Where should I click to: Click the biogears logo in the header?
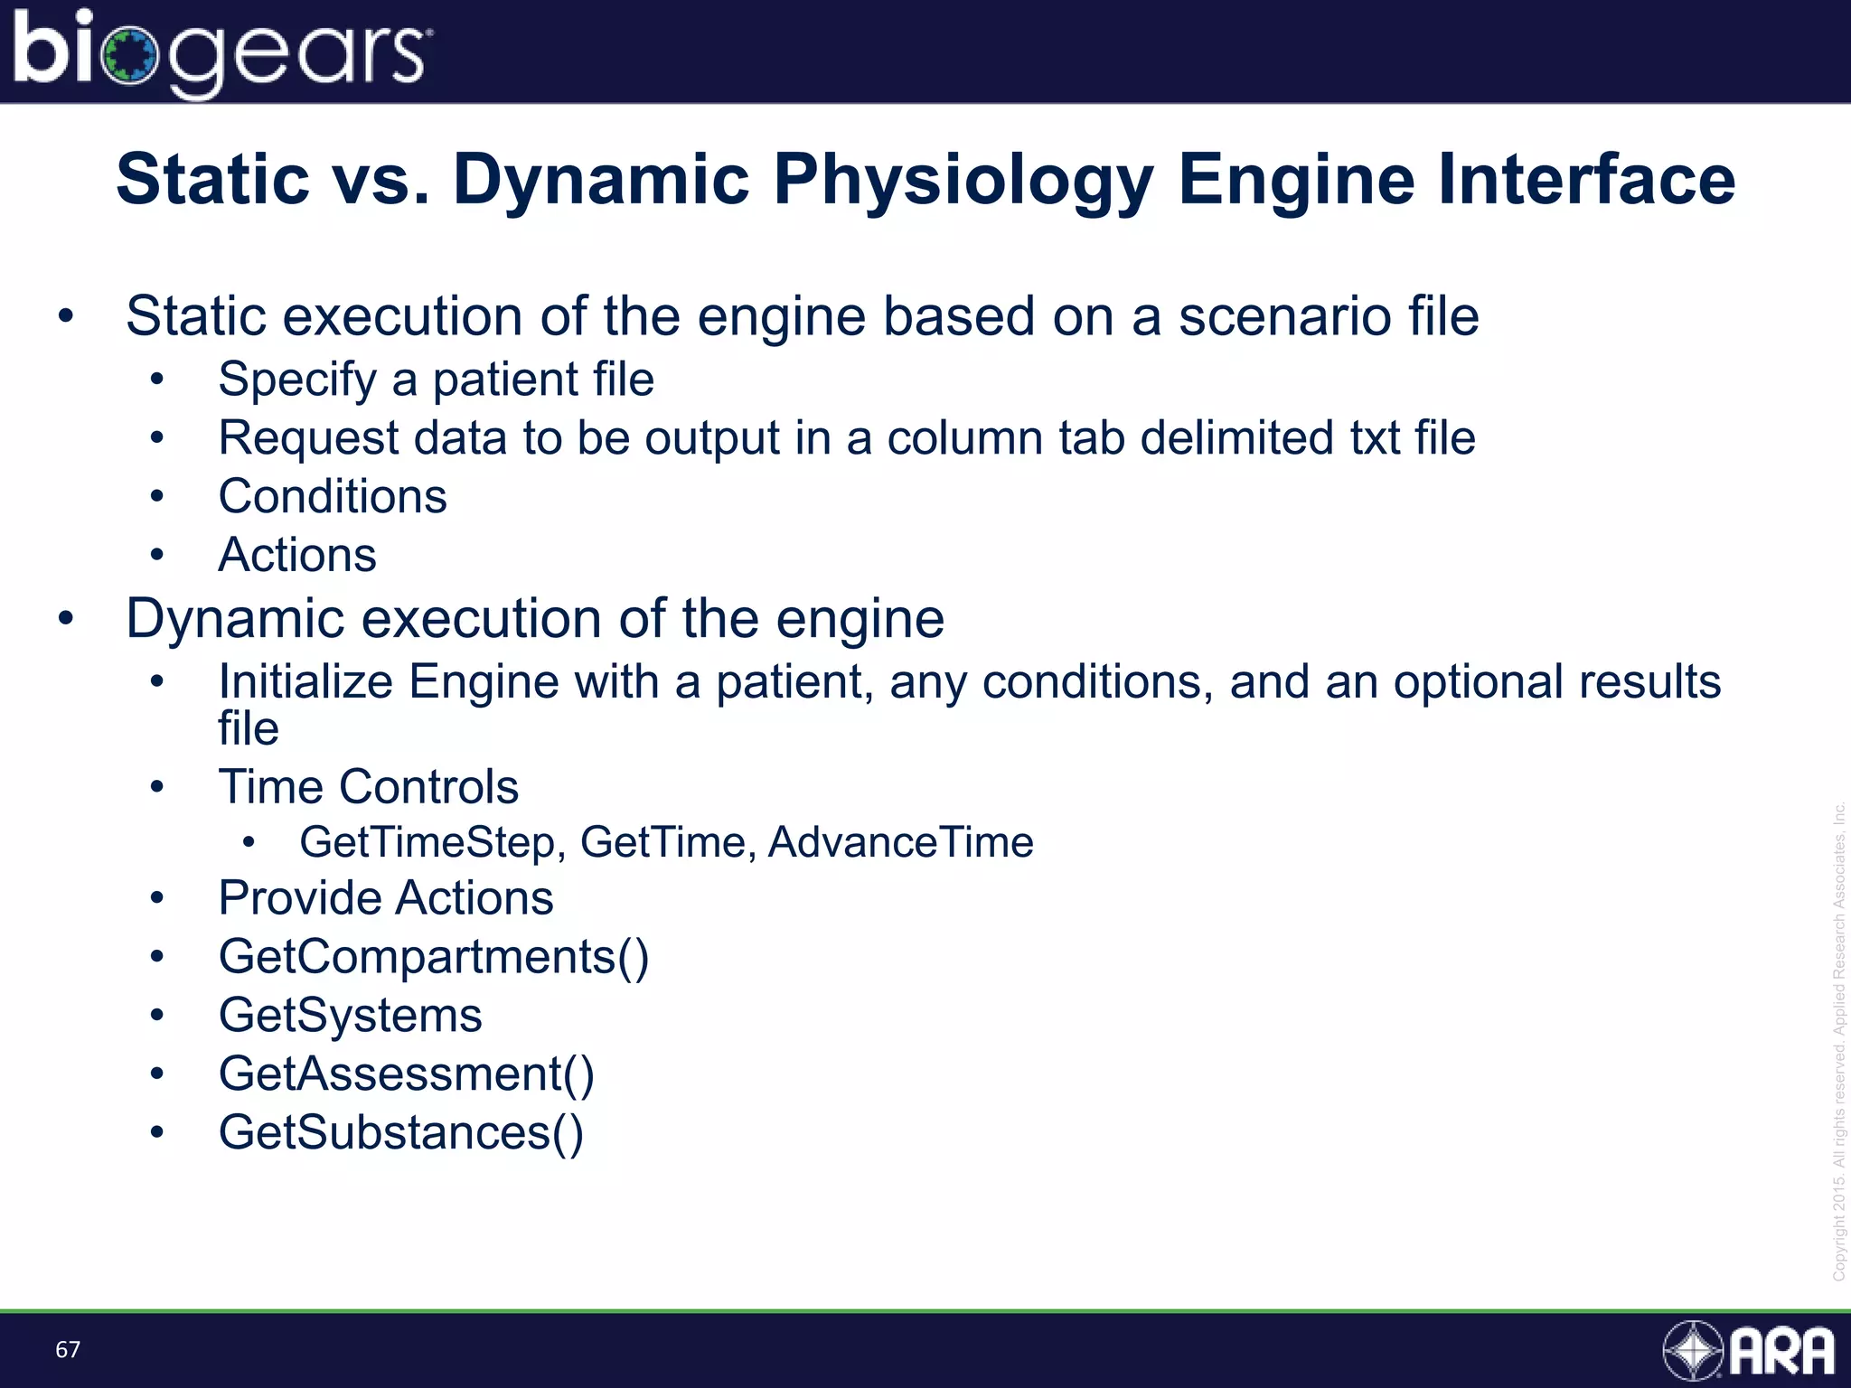click(x=221, y=52)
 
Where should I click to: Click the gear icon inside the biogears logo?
click(x=130, y=56)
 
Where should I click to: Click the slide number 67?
click(x=68, y=1349)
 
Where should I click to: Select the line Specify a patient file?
click(x=436, y=379)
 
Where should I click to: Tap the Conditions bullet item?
click(x=333, y=496)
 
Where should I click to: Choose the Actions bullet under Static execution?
click(x=297, y=554)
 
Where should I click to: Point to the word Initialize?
click(x=305, y=681)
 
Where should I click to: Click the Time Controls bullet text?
click(x=368, y=786)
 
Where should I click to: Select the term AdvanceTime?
click(x=900, y=842)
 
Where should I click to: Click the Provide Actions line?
click(x=386, y=898)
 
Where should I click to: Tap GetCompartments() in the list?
click(x=433, y=957)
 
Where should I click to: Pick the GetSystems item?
click(x=350, y=1015)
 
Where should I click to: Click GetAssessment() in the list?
click(x=406, y=1074)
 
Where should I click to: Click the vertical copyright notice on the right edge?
click(x=1838, y=1039)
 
